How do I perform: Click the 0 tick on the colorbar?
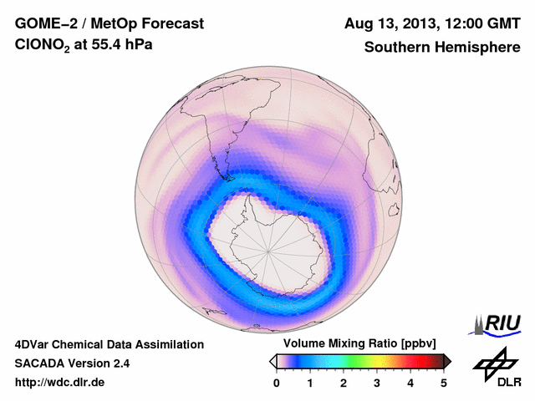pyautogui.click(x=277, y=383)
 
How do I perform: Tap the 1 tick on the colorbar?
pyautogui.click(x=310, y=383)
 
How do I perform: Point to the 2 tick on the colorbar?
pyautogui.click(x=344, y=383)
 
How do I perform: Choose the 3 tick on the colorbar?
pyautogui.click(x=377, y=383)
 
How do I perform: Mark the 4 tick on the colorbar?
pyautogui.click(x=410, y=383)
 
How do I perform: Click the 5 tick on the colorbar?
pyautogui.click(x=444, y=383)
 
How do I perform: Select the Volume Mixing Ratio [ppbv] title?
pyautogui.click(x=357, y=343)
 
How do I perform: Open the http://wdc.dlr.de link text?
pyautogui.click(x=60, y=383)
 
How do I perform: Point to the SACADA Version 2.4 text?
pyautogui.click(x=72, y=363)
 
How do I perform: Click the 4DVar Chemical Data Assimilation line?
pyautogui.click(x=109, y=344)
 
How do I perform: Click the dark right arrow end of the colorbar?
pyautogui.click(x=447, y=361)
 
